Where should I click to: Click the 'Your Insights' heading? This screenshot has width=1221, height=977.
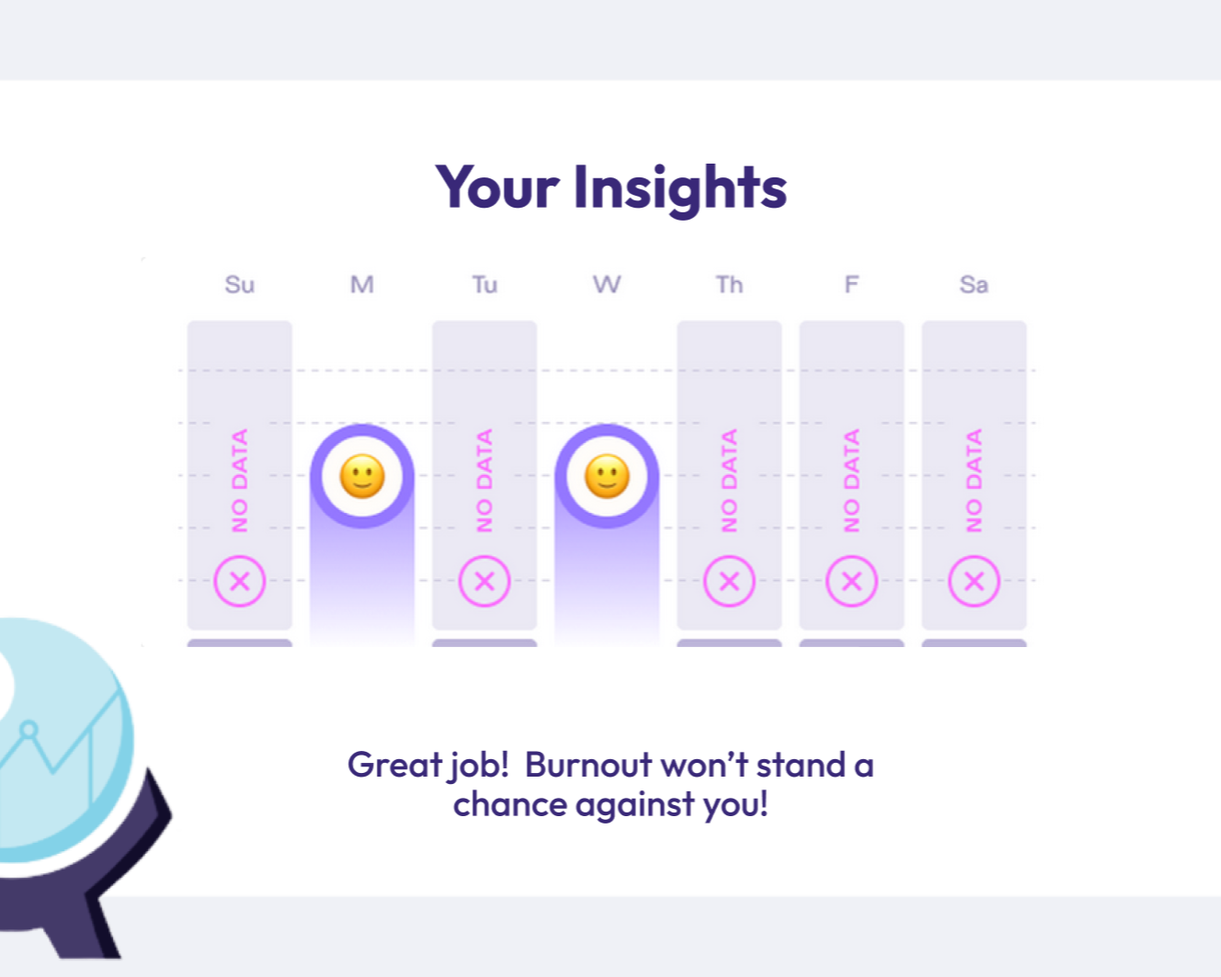(610, 187)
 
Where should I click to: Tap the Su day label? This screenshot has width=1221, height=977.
(239, 284)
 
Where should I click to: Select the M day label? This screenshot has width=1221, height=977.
(362, 284)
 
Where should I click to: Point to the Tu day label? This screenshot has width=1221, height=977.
(485, 284)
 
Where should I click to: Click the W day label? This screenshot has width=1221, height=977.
(607, 284)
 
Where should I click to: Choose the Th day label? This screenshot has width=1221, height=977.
(729, 284)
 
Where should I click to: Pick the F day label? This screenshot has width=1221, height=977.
(851, 284)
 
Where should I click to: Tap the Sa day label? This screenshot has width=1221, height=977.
(975, 284)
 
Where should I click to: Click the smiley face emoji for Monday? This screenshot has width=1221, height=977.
(362, 476)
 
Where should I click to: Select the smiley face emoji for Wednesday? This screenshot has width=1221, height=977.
(607, 476)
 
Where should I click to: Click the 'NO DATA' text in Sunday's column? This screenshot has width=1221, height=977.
(239, 481)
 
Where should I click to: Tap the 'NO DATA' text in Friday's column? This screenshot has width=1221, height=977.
(851, 481)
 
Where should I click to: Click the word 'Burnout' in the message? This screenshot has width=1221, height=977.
(588, 765)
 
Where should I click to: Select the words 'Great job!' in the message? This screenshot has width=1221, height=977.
(428, 766)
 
